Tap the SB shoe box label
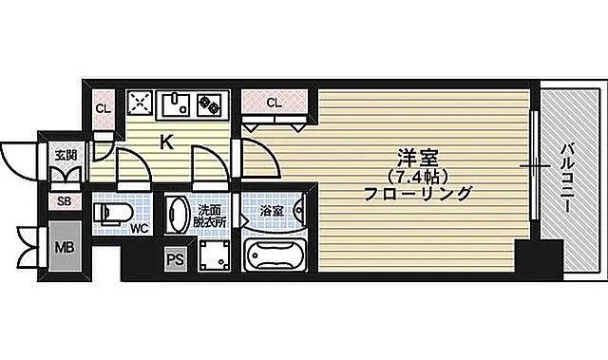tap(65, 201)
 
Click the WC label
tap(139, 229)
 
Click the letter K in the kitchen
tap(166, 143)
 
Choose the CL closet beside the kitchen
tap(103, 107)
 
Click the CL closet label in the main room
tap(274, 102)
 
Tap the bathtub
tap(273, 255)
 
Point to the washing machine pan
tap(214, 255)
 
